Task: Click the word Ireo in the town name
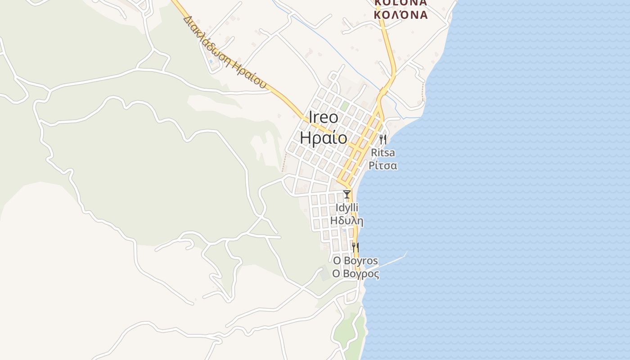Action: [324, 117]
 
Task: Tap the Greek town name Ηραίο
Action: [324, 138]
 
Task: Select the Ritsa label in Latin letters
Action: [383, 153]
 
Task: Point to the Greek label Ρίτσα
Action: [383, 166]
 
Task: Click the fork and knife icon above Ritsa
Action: [383, 139]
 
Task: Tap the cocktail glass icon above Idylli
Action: [347, 194]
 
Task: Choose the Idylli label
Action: [347, 208]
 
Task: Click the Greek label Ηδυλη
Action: [347, 221]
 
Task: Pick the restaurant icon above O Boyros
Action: [355, 247]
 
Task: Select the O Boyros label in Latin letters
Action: [355, 261]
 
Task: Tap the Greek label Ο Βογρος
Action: [355, 274]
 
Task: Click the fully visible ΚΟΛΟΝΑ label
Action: [401, 15]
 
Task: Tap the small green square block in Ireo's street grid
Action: [345, 106]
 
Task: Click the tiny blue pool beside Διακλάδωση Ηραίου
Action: [211, 61]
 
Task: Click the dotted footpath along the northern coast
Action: [423, 92]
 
